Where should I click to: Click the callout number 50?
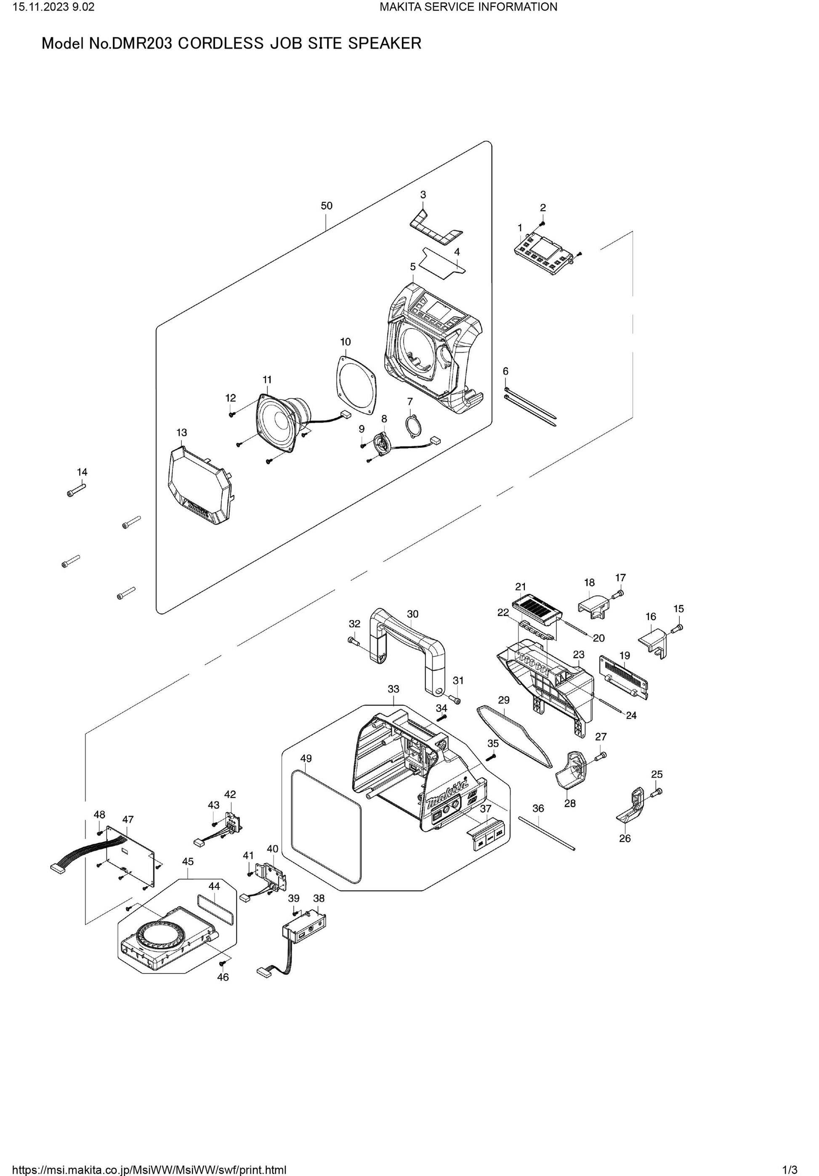(x=326, y=206)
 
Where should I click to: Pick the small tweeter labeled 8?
(x=382, y=441)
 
